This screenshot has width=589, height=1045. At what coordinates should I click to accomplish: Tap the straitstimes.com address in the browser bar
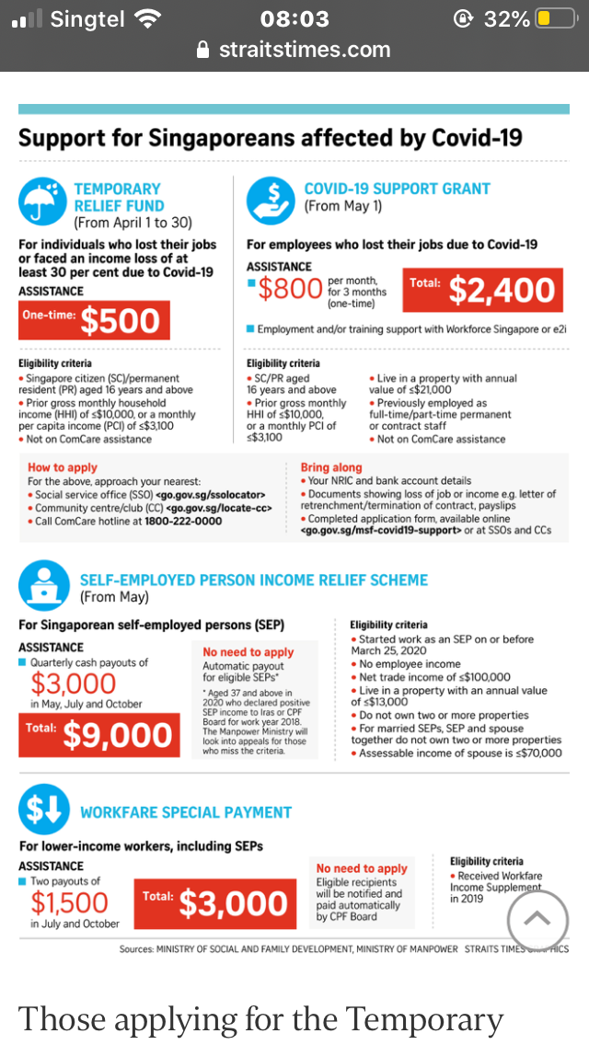click(x=304, y=50)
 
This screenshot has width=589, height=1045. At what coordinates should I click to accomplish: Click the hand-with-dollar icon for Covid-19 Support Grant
click(x=270, y=201)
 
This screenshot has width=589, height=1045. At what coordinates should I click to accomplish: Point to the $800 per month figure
click(x=290, y=290)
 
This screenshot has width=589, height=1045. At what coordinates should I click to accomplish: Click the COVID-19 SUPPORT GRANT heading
click(x=397, y=189)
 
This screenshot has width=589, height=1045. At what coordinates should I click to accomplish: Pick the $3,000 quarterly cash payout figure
click(x=74, y=683)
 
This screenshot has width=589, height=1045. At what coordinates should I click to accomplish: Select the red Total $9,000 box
click(x=98, y=734)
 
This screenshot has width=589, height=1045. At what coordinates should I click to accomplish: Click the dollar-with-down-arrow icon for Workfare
click(x=42, y=810)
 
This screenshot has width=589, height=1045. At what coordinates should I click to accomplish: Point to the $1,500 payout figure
click(x=69, y=902)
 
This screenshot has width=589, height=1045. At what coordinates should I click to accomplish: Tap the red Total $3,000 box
click(x=217, y=902)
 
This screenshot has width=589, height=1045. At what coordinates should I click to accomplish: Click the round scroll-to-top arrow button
click(x=537, y=918)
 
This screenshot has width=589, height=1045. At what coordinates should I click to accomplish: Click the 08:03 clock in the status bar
click(x=294, y=18)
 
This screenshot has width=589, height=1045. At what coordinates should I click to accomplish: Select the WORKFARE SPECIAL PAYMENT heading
click(x=186, y=812)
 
